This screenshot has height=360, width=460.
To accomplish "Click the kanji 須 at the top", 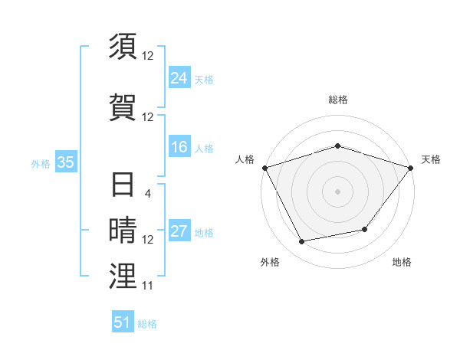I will [123, 47].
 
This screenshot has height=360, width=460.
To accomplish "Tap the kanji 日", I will [123, 185].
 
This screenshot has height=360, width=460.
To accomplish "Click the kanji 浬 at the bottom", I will [123, 277].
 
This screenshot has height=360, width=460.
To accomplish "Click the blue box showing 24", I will [179, 78].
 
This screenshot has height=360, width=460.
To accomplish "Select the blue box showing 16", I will [179, 147].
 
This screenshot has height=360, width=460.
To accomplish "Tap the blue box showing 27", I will [179, 231].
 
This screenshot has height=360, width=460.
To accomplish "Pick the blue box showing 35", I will [65, 162].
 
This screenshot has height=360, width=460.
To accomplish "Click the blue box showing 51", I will [123, 322].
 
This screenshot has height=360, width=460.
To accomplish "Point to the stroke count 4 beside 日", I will [148, 194].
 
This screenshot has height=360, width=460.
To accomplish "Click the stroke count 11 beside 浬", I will [148, 286].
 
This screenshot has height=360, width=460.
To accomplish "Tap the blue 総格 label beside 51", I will [147, 324].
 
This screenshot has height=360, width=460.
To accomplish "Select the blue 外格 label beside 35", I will [41, 163].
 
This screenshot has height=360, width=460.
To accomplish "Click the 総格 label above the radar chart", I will [338, 100].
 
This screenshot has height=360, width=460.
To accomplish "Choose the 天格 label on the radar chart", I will [431, 159].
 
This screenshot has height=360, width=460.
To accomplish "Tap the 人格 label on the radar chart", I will [245, 159].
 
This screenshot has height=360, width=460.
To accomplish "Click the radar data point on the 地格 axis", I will [365, 229].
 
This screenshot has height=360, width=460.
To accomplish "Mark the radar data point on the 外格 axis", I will [302, 242].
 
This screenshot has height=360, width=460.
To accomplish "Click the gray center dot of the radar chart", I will [337, 191].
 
